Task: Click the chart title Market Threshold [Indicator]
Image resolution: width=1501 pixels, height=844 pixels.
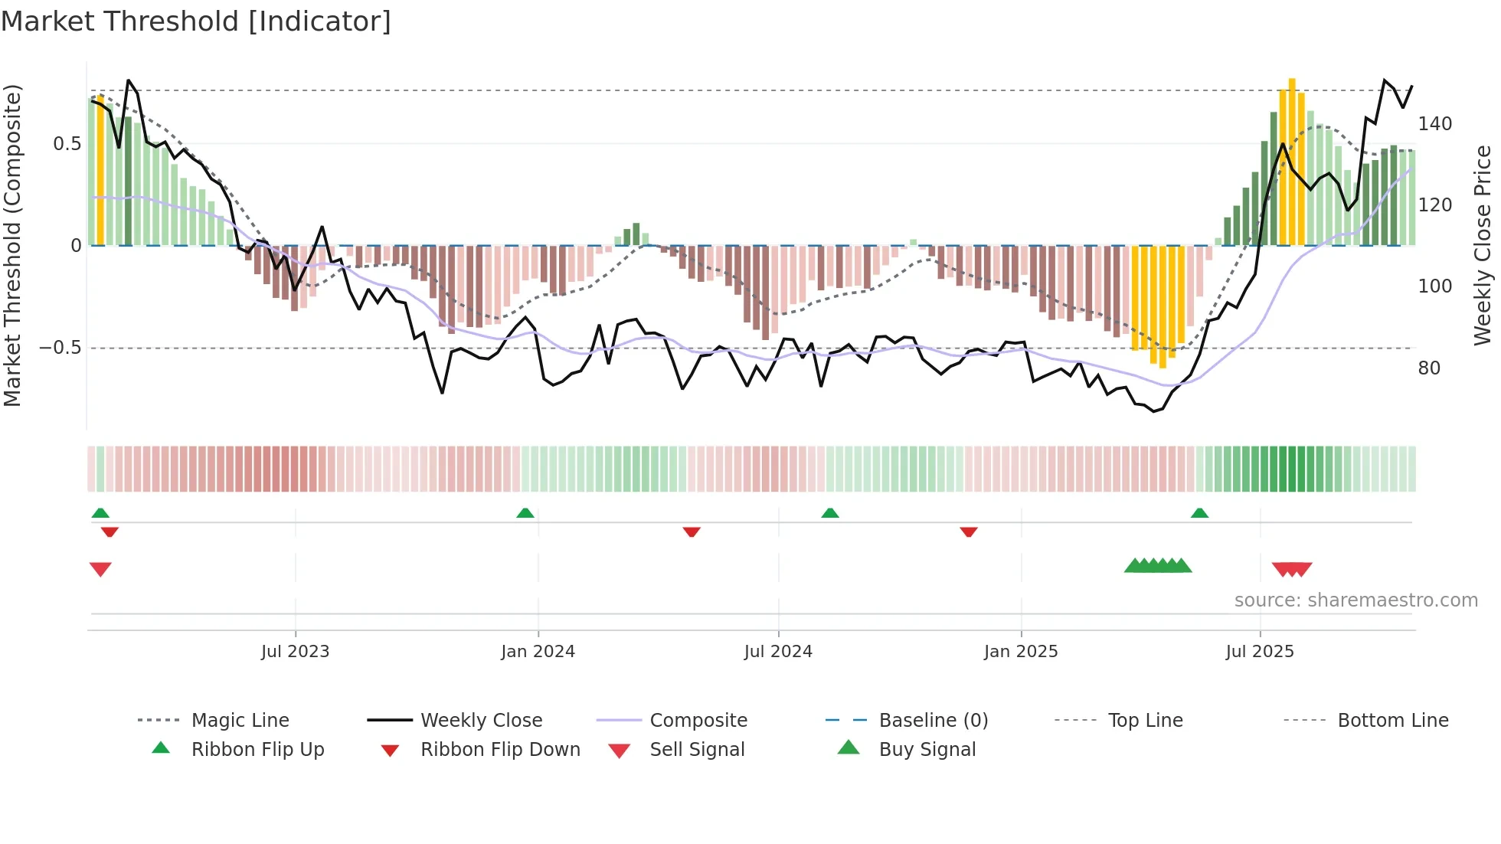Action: (196, 21)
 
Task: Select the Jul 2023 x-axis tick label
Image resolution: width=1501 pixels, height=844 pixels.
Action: (295, 652)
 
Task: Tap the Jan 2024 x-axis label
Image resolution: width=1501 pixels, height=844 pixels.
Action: (538, 652)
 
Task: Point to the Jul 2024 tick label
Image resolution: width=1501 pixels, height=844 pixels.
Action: (778, 652)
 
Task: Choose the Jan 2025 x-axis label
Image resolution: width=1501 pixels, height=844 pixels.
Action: (1021, 652)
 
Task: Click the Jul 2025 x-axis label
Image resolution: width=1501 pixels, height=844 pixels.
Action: (1260, 652)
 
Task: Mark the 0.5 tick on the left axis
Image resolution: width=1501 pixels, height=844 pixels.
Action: (67, 144)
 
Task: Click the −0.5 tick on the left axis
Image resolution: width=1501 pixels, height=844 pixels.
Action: (60, 348)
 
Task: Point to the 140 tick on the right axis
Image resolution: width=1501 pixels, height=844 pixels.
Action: (1434, 124)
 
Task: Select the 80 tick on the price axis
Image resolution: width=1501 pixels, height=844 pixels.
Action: (1429, 368)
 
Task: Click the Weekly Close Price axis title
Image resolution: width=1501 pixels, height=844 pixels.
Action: (1483, 245)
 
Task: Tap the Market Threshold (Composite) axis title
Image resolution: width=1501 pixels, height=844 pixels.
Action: (13, 245)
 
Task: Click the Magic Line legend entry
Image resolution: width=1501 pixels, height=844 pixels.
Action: (240, 721)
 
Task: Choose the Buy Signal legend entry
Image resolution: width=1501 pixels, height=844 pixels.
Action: (927, 750)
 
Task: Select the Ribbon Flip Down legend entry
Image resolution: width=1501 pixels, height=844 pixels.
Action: (499, 750)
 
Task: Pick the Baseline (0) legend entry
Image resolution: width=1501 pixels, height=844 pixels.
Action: (933, 721)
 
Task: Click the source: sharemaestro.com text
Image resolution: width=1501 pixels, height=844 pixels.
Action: (1355, 600)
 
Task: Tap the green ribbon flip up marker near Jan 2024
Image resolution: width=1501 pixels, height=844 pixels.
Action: (525, 513)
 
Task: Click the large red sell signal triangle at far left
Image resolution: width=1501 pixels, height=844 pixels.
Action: (100, 569)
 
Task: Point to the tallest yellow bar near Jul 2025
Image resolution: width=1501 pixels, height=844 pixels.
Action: (1292, 161)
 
